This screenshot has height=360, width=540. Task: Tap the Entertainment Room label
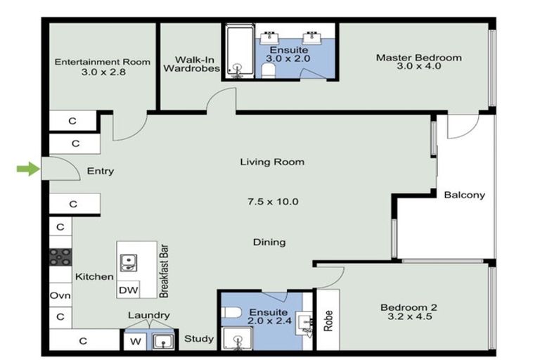coord(103,62)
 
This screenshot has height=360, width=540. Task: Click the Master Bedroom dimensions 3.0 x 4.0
coord(418,67)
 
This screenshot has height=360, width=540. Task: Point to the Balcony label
coord(464,195)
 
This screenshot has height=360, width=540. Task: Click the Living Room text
coord(272,162)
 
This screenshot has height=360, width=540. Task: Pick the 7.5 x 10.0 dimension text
coord(273,202)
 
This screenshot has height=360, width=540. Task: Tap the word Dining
coord(269,243)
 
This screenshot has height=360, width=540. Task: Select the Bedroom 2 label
coord(409,307)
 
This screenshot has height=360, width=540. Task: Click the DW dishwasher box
coord(128,290)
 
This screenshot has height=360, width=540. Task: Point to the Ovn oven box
coord(60,296)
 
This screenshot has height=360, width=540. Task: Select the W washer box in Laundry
coord(135,342)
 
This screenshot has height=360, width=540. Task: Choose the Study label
coord(199,339)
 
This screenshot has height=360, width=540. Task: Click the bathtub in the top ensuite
coord(240,52)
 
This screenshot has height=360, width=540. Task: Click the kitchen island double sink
coord(129,262)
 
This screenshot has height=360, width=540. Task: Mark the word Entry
coord(100,171)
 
